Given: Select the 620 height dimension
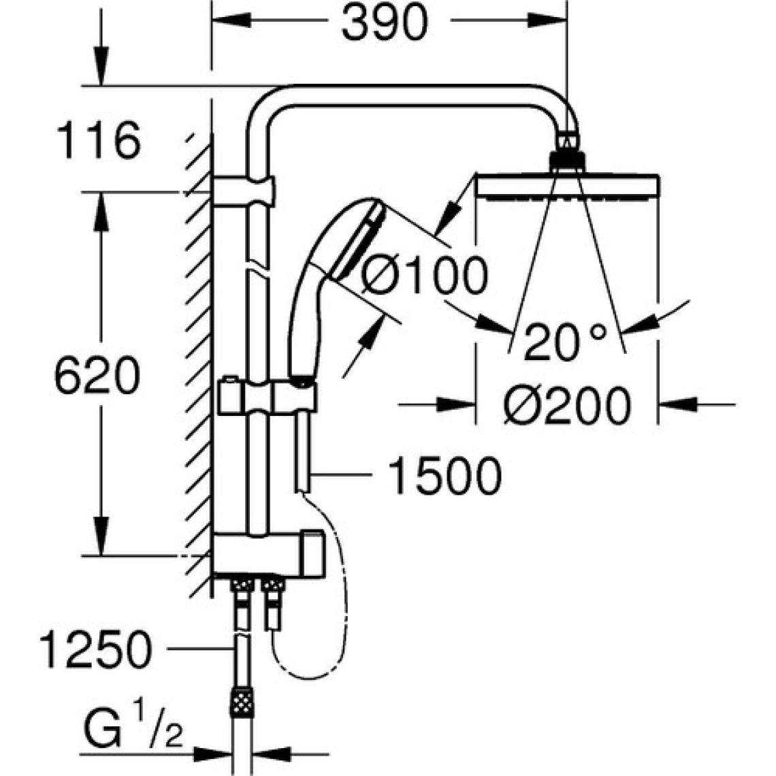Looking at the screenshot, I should tap(97, 376).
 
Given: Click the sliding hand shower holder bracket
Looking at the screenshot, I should tap(267, 396).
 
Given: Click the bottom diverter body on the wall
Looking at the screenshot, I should tap(269, 553).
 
